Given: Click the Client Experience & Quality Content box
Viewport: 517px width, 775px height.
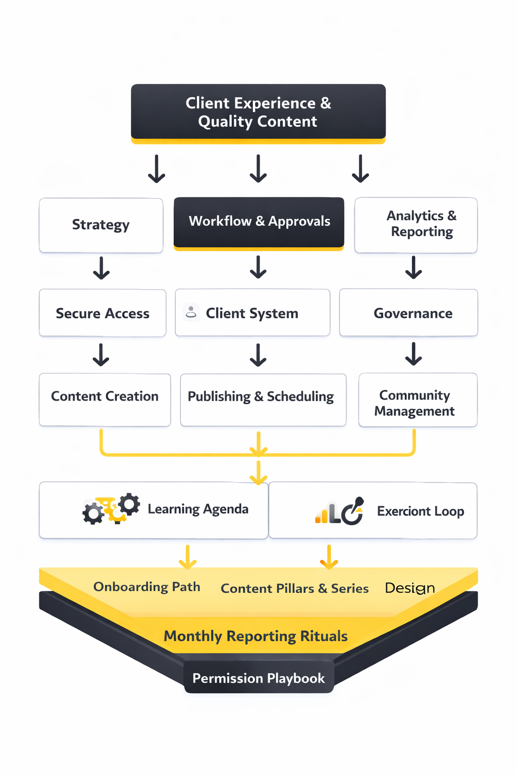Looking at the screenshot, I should tap(258, 112).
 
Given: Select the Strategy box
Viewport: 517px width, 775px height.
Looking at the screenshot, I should tap(101, 225).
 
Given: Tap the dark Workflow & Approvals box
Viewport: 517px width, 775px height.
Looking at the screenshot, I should tap(259, 222).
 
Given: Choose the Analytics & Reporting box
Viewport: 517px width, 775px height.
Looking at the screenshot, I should tap(416, 225).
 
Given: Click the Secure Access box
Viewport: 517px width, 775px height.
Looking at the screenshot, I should tap(102, 313).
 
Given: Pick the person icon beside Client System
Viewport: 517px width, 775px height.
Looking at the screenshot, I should tap(191, 312).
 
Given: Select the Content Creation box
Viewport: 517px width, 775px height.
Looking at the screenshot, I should tap(105, 399).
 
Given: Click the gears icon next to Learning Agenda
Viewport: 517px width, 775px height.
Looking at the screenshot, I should tap(111, 509).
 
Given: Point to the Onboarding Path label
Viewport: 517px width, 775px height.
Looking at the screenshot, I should tap(147, 587).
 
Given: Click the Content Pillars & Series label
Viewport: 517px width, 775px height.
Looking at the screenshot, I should tap(295, 588).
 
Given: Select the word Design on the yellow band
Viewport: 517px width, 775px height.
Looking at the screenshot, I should tap(409, 588).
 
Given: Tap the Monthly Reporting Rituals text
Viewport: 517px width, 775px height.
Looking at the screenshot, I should tap(255, 636).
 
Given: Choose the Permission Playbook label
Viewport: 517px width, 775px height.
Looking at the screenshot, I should tap(258, 678).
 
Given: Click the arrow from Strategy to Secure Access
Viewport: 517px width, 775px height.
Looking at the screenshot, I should tap(101, 268).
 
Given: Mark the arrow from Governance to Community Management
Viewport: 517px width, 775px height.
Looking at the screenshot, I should tap(413, 354).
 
